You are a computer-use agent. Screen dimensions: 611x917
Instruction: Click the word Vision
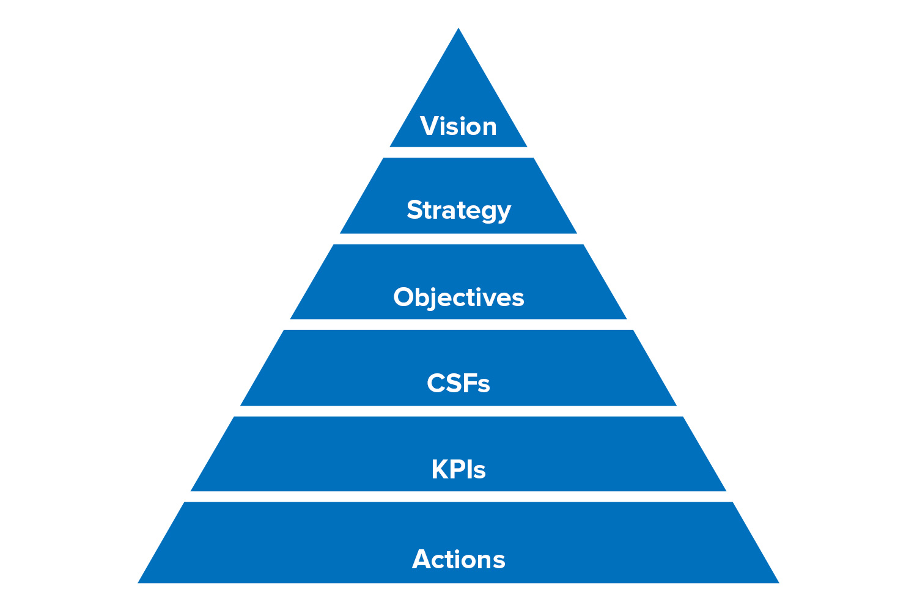click(458, 126)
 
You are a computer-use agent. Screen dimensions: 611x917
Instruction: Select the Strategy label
click(458, 210)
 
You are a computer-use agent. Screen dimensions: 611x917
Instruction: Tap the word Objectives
click(458, 298)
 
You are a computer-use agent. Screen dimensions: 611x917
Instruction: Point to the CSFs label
click(458, 384)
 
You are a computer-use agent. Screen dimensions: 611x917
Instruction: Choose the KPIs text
click(458, 470)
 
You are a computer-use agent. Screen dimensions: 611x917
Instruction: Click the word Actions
click(458, 560)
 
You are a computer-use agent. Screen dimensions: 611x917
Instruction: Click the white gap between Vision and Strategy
click(458, 152)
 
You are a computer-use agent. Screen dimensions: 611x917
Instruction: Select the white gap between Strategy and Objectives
click(458, 239)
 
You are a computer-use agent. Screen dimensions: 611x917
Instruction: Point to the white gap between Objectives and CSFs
click(458, 324)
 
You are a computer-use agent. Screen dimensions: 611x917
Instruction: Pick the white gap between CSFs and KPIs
click(458, 411)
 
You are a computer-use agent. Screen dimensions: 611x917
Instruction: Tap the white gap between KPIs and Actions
click(458, 497)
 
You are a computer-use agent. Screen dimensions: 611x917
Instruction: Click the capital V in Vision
click(429, 126)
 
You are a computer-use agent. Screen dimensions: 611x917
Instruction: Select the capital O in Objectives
click(404, 298)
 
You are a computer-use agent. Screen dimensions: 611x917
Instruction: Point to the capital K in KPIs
click(440, 470)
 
